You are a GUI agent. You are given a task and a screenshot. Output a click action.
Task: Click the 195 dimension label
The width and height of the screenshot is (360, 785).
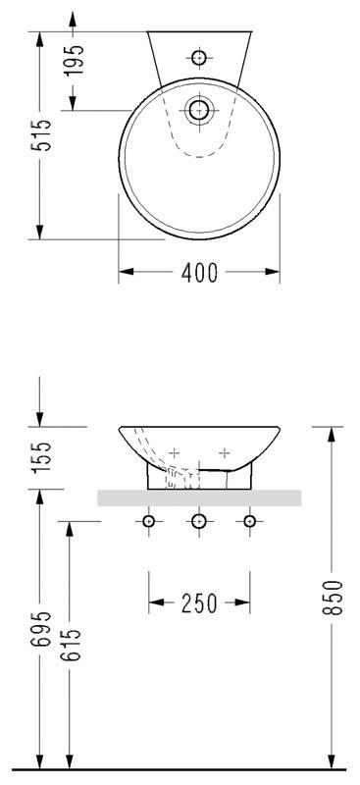point(75,60)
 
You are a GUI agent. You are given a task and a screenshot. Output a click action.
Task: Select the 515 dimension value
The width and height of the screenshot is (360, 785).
point(40,135)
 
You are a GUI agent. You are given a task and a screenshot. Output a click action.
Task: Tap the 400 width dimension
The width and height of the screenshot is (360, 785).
point(199,273)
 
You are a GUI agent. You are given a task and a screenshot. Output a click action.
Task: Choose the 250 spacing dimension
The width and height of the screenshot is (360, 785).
point(199,603)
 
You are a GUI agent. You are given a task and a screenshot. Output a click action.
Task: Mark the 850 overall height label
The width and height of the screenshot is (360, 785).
point(331,598)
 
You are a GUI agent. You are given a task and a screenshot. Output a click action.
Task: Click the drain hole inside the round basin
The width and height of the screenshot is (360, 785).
point(199,110)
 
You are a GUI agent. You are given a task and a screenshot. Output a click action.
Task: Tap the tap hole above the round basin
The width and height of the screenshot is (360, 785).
point(199,58)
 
